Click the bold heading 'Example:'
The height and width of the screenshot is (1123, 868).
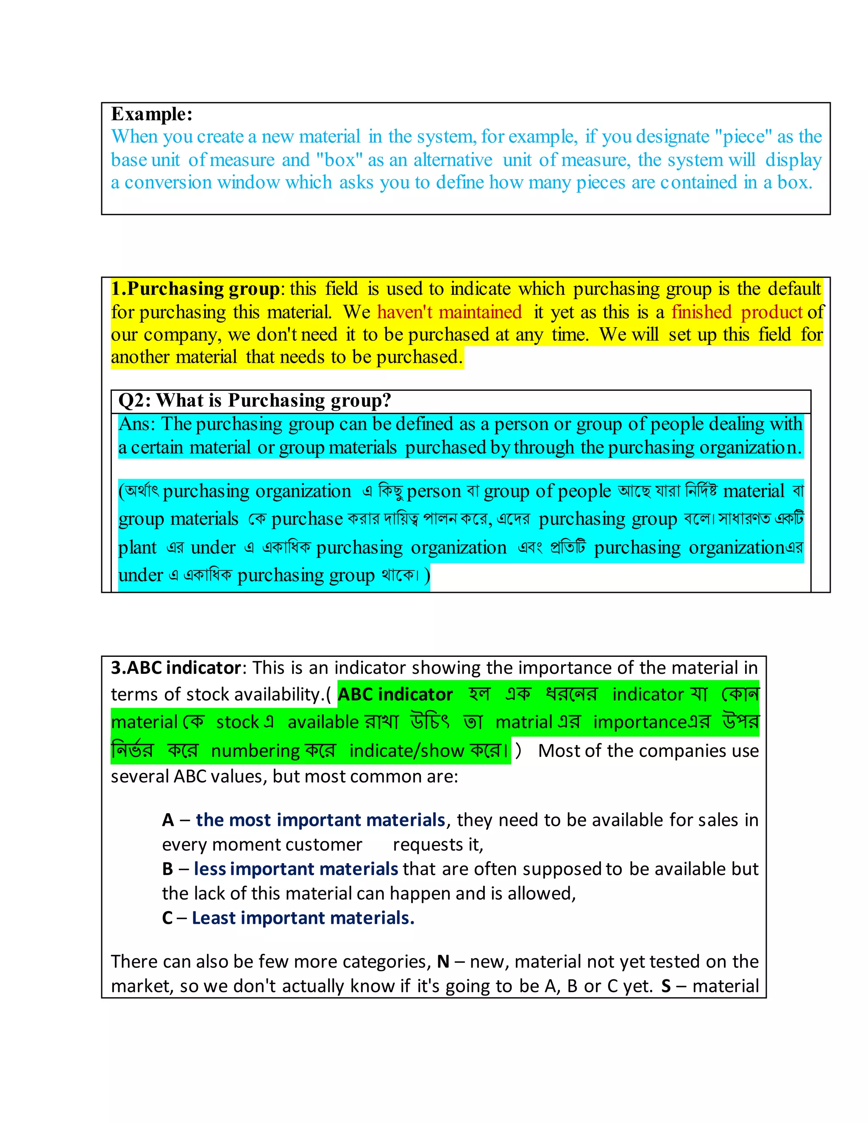152,114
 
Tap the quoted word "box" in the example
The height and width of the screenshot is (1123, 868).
340,160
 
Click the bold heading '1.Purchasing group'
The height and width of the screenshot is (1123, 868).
195,289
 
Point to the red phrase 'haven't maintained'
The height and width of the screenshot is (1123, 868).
449,312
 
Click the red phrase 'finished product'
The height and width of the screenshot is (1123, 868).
736,312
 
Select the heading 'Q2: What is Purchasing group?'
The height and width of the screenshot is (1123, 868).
255,400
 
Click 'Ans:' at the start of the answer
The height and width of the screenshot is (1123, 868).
136,424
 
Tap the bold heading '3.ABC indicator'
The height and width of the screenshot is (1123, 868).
176,668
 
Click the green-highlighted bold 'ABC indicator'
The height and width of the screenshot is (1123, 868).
395,695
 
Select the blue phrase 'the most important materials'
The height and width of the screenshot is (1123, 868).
320,820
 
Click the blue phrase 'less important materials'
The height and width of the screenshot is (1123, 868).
296,869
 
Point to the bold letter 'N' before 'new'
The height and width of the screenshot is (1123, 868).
443,962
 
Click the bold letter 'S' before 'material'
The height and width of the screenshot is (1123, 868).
666,987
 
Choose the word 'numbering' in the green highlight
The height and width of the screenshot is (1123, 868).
256,751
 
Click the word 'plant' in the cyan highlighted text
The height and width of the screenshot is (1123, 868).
137,548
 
